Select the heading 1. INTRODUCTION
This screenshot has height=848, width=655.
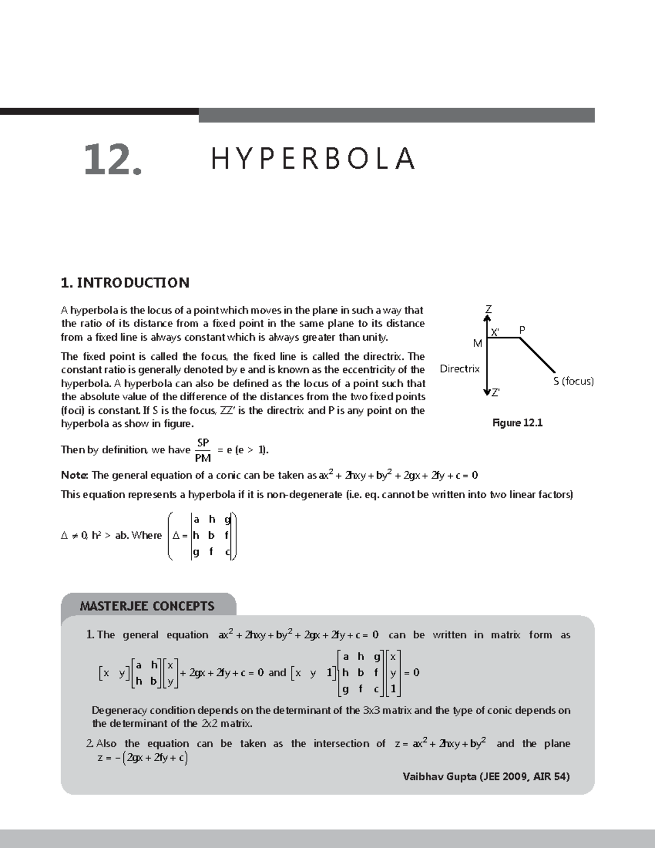coord(125,283)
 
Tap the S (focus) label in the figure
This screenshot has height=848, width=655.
coord(573,381)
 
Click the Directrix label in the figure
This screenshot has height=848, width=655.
coord(460,369)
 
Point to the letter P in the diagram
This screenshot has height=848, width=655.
coord(522,330)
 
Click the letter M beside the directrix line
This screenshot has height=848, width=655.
coord(478,343)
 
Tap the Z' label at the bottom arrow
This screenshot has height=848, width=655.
coord(495,393)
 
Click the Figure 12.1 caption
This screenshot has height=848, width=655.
coord(517,423)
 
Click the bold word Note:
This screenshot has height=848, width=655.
coord(74,475)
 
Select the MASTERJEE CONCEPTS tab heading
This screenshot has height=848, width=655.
coord(147,606)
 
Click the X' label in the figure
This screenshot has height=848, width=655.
coord(495,333)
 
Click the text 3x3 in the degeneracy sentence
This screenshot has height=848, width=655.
coord(368,710)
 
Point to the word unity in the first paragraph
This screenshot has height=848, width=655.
coord(373,337)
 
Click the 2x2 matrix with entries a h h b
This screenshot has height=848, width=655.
coord(146,673)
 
